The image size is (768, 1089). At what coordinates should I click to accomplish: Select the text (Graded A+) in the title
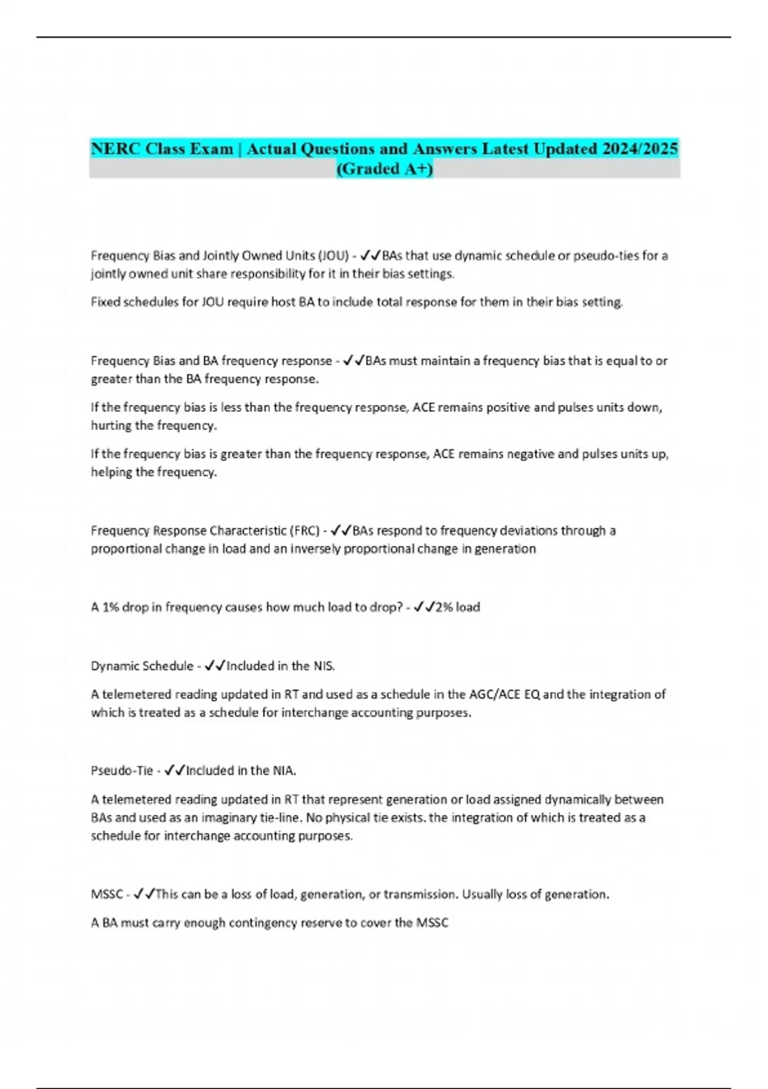coord(384,168)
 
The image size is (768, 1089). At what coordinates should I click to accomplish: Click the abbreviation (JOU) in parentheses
coord(333,256)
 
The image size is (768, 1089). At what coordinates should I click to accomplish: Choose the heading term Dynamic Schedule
coord(141,666)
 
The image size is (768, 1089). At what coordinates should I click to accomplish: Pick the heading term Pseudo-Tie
coord(122,770)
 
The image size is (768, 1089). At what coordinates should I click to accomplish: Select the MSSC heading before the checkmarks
coord(106,894)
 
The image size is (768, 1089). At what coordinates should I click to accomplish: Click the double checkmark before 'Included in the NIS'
coord(214,666)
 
